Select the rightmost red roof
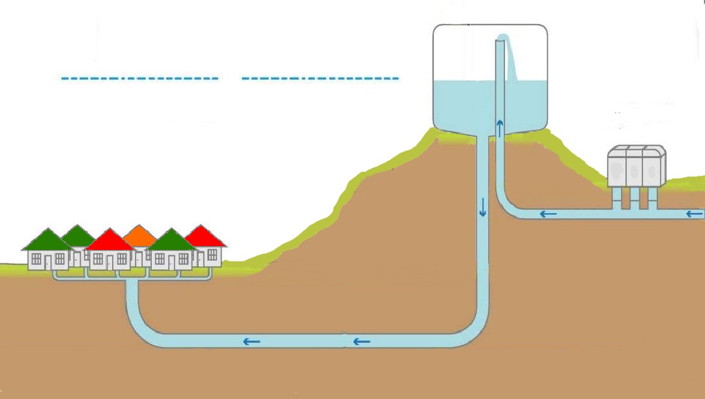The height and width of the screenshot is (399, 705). pos(206,236)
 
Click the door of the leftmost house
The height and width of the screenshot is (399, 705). pos(48,262)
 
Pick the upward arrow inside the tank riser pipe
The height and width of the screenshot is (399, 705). pos(500,127)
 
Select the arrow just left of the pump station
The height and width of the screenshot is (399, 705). pos(548,213)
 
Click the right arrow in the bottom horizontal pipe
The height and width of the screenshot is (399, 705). pos(362,340)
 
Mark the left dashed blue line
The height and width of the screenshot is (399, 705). pos(139,79)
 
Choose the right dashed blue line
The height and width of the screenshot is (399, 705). pos(320,79)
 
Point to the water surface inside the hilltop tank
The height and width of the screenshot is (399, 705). pos(463,83)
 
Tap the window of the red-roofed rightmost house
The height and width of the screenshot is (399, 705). pos(212,255)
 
